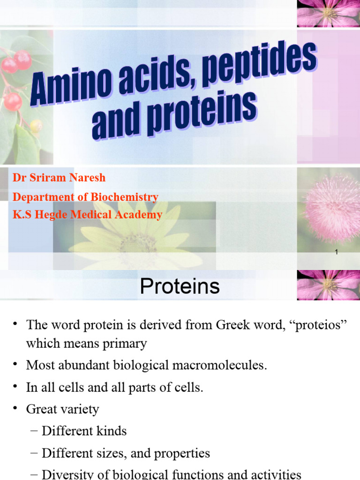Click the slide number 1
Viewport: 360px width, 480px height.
click(x=337, y=252)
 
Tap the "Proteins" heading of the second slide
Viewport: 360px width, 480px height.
click(x=180, y=286)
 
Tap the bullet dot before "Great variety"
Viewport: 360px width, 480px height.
click(x=16, y=409)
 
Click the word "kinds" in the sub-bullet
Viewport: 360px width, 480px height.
click(x=112, y=431)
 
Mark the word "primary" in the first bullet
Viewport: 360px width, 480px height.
click(x=123, y=344)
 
